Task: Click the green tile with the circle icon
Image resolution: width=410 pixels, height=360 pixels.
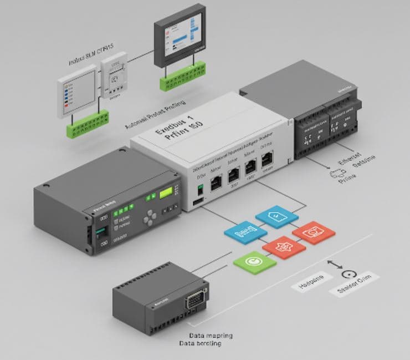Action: point(254,261)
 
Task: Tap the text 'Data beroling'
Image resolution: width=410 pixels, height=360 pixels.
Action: point(200,344)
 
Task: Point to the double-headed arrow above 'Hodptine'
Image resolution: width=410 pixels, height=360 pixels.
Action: point(335,265)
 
